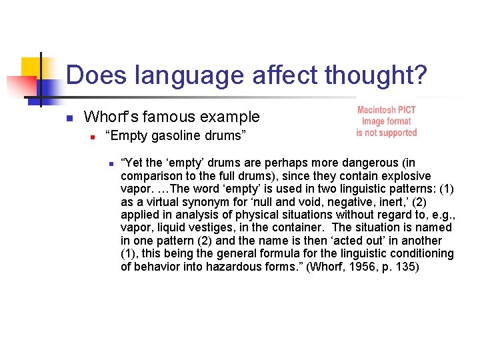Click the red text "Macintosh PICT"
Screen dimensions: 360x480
click(x=386, y=110)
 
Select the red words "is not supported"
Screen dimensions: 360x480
click(x=386, y=133)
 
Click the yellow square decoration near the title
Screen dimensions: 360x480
click(x=32, y=67)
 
